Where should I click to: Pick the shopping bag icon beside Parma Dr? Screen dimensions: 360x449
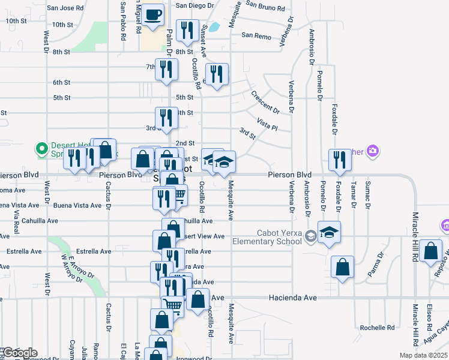click(x=342, y=268)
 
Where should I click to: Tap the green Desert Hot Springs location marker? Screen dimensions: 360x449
click(x=41, y=148)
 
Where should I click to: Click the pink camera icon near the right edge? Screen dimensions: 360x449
click(x=373, y=150)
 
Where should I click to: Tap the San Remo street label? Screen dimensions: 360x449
click(x=257, y=35)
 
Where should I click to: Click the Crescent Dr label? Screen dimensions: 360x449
click(x=265, y=102)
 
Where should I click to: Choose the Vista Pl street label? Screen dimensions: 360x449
click(x=267, y=124)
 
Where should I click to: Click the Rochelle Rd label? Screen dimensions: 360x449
click(x=377, y=328)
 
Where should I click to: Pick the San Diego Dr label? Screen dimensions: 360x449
click(x=194, y=5)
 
